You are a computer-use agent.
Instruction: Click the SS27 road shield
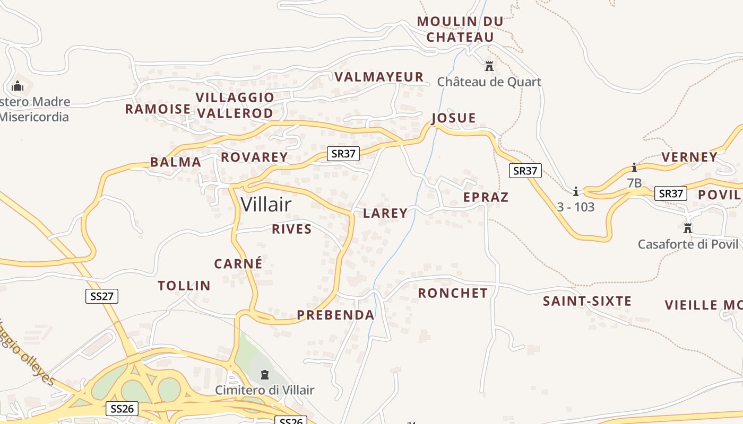click(x=102, y=296)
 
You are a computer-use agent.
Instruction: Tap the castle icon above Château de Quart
click(x=489, y=67)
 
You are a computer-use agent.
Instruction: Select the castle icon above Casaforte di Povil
click(x=688, y=228)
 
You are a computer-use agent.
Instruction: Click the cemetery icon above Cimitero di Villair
click(x=264, y=375)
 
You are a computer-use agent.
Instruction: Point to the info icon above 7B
click(x=634, y=168)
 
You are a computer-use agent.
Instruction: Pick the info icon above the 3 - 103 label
click(x=576, y=191)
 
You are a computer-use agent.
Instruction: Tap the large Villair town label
click(x=266, y=204)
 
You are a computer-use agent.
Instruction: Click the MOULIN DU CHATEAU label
click(x=460, y=29)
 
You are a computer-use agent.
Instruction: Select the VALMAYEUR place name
click(x=379, y=77)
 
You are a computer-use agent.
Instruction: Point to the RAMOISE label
click(x=158, y=109)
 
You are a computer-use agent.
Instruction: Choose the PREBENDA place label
click(x=335, y=315)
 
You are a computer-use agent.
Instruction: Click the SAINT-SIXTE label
click(x=587, y=301)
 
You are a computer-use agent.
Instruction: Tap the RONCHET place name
click(x=453, y=293)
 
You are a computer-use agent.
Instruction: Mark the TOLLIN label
click(x=184, y=286)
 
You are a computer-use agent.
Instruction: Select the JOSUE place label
click(x=454, y=118)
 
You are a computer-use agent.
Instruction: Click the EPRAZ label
click(x=486, y=197)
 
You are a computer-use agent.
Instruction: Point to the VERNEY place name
click(x=689, y=157)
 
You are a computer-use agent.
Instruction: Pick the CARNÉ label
click(x=238, y=263)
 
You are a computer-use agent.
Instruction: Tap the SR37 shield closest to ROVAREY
click(x=343, y=154)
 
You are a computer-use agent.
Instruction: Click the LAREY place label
click(x=385, y=213)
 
